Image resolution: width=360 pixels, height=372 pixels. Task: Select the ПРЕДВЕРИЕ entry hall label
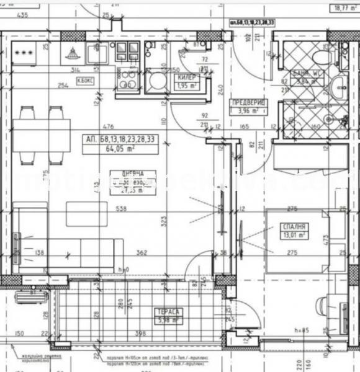[x=247, y=103]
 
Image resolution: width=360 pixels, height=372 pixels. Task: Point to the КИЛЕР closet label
[x=187, y=77]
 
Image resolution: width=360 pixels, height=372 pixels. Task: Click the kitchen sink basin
[x=97, y=54]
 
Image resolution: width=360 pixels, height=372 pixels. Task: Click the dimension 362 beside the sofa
[x=142, y=252]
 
